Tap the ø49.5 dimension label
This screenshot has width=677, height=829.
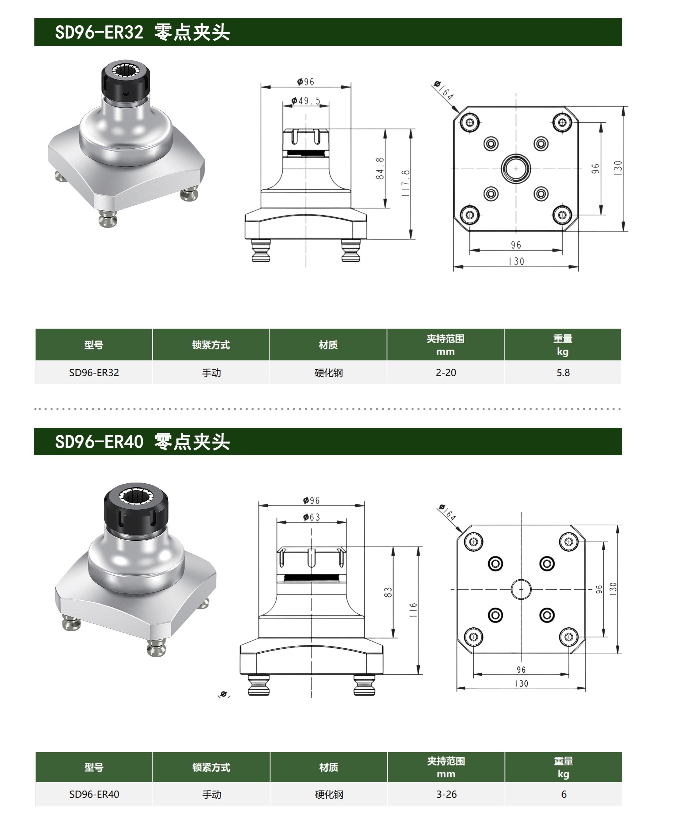pos(306,101)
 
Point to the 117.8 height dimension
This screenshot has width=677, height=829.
pos(406,183)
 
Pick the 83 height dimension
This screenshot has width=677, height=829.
pos(388,592)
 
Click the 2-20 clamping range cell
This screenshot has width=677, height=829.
pos(446,373)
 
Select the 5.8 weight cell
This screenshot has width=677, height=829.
pos(563,373)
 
